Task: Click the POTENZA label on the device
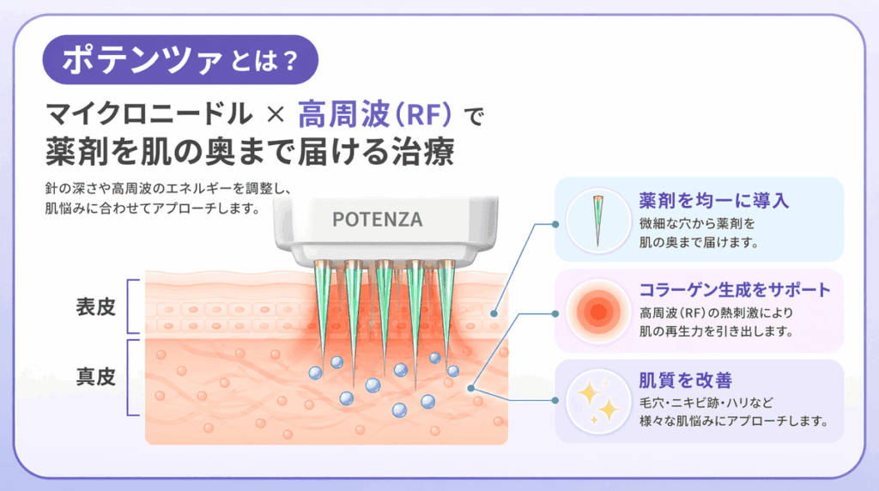pos(377,219)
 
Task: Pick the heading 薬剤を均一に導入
pos(712,201)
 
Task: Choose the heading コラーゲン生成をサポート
pos(736,289)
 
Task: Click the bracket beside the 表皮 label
pos(131,306)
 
